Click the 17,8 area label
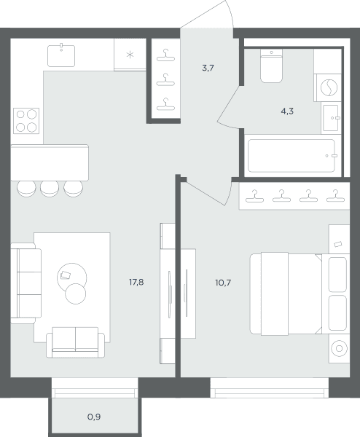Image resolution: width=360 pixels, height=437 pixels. click(x=136, y=283)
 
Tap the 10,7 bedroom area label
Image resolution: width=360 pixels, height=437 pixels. click(x=223, y=283)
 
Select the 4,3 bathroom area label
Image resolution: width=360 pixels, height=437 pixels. click(x=287, y=111)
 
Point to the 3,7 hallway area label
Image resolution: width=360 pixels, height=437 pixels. click(x=208, y=68)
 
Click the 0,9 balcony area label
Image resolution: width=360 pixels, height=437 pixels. click(x=94, y=417)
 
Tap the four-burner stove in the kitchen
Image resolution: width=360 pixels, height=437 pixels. click(x=26, y=121)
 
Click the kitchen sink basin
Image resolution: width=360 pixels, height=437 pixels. click(x=61, y=55)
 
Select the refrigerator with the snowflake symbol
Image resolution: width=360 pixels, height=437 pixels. click(x=130, y=55)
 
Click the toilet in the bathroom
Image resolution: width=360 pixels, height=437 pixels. click(x=271, y=66)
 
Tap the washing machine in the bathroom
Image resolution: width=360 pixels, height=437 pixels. click(x=328, y=87)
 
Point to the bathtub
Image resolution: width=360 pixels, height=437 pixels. click(x=291, y=156)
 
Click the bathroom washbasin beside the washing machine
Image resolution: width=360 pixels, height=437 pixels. click(x=331, y=118)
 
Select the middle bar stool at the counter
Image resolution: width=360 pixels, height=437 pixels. click(x=50, y=189)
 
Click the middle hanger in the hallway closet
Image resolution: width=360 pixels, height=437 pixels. click(x=165, y=79)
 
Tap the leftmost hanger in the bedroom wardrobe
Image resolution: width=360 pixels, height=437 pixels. click(x=254, y=196)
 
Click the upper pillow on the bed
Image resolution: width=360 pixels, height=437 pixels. click(x=337, y=275)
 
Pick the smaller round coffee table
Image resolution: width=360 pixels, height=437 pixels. click(x=76, y=294)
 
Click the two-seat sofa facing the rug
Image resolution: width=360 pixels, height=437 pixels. click(x=75, y=342)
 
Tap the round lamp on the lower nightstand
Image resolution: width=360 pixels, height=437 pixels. click(x=339, y=348)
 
